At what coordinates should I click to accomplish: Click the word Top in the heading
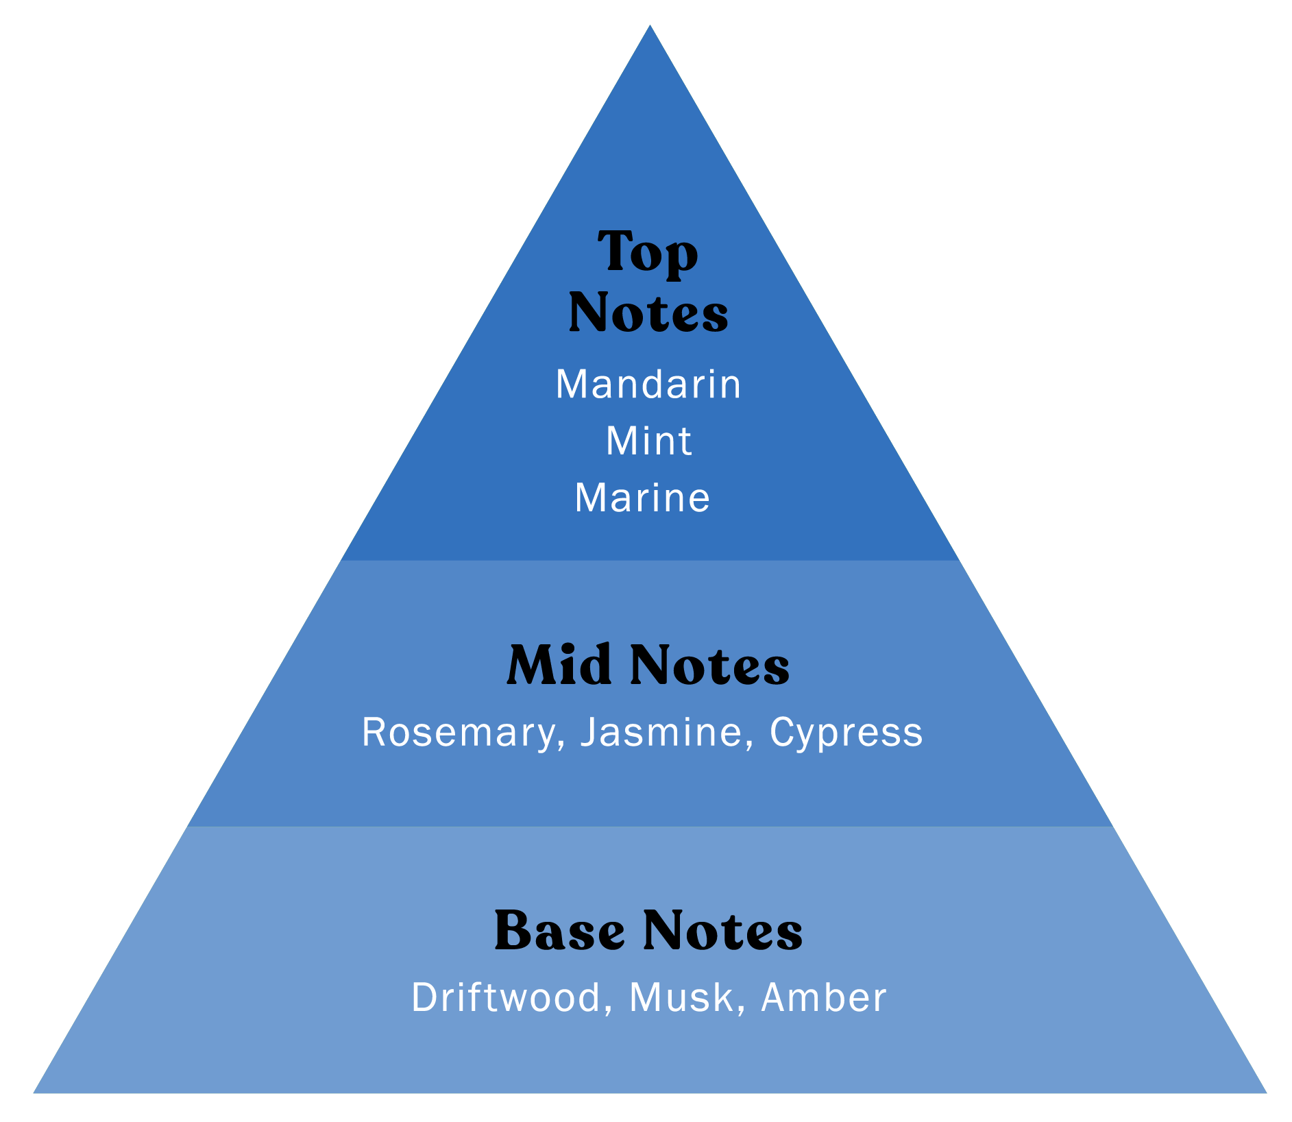tap(648, 253)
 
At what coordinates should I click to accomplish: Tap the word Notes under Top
tap(648, 313)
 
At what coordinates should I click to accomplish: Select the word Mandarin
tap(648, 384)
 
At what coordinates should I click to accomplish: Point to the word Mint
tap(648, 441)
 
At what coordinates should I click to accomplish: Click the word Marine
tap(642, 498)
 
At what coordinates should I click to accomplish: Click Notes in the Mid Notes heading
tap(709, 665)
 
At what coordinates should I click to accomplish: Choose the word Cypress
tap(846, 732)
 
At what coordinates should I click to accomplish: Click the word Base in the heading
tap(559, 931)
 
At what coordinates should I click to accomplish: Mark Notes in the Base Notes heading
tap(723, 931)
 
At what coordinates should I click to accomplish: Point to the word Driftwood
tap(506, 997)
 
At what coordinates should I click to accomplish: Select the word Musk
tap(681, 997)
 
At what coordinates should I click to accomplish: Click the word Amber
tap(824, 997)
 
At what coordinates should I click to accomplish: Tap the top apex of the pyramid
tap(650, 27)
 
